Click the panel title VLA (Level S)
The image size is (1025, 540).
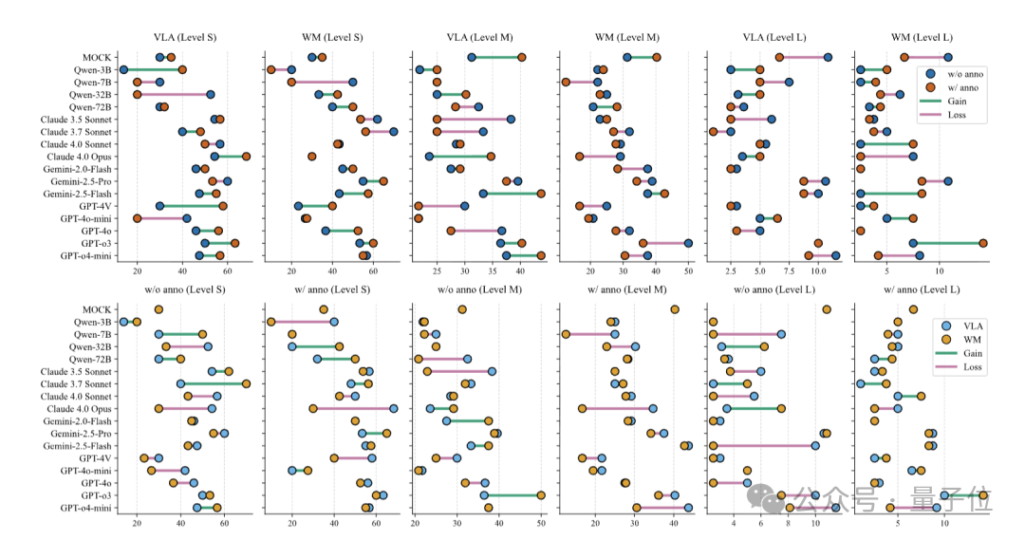184,37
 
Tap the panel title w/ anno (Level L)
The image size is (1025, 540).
921,289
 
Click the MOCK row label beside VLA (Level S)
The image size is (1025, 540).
96,58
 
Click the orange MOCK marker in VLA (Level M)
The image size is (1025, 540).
522,58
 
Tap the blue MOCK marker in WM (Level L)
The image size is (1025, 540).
947,58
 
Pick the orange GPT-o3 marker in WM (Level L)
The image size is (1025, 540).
983,243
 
